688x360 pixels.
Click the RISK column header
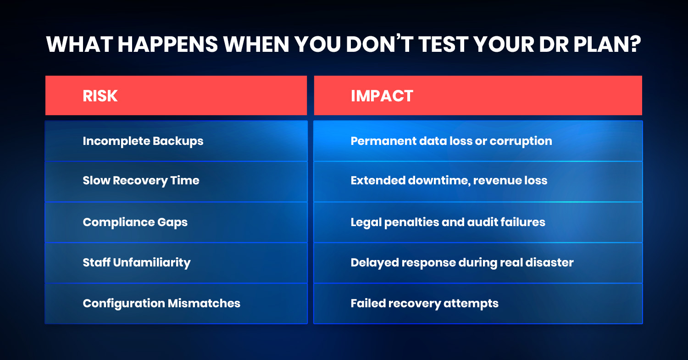(x=176, y=95)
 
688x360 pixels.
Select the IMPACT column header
(x=478, y=95)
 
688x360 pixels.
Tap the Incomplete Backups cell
(x=176, y=141)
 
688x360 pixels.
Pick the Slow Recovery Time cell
(x=176, y=182)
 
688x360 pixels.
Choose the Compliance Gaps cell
(x=176, y=222)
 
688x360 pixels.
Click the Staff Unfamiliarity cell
(x=176, y=263)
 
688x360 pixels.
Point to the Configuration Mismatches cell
(x=176, y=304)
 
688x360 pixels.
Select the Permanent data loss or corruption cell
(x=478, y=141)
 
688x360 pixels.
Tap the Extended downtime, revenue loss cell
(x=478, y=182)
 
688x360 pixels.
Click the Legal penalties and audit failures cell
(x=478, y=222)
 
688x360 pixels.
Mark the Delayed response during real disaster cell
(x=478, y=263)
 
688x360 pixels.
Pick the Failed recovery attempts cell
(x=478, y=304)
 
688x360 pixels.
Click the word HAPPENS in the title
(x=168, y=44)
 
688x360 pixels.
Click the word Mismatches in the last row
(x=204, y=304)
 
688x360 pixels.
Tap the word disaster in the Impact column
(x=549, y=263)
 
